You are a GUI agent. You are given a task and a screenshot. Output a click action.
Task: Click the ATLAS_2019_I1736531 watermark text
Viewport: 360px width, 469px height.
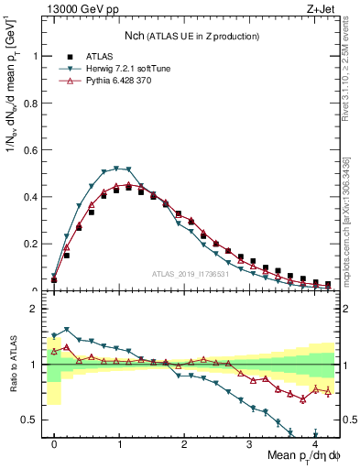(190, 274)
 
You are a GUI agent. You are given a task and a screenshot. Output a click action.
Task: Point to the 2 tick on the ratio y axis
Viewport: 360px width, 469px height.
(34, 309)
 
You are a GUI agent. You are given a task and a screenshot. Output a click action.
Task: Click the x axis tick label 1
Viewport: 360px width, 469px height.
(119, 442)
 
